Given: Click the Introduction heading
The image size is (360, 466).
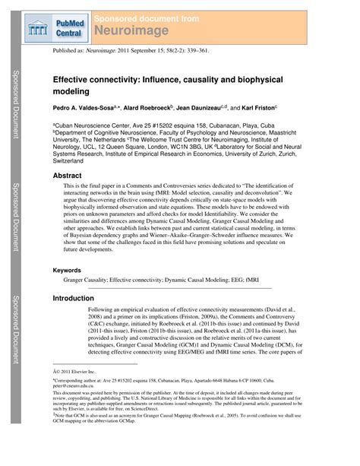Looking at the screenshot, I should coord(73,299).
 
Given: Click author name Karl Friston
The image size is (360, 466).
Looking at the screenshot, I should coord(254,108).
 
